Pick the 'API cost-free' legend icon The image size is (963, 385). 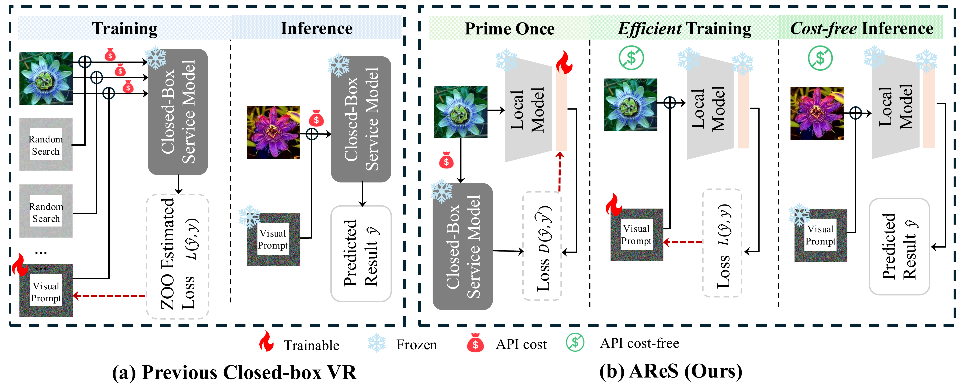pyautogui.click(x=575, y=342)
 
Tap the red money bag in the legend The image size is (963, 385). pyautogui.click(x=475, y=343)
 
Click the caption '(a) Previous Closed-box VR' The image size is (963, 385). pyautogui.click(x=234, y=372)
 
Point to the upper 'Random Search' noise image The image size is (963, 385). pyautogui.click(x=46, y=145)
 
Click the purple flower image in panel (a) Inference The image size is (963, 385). pyautogui.click(x=273, y=133)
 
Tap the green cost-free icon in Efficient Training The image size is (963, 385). pyautogui.click(x=631, y=58)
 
